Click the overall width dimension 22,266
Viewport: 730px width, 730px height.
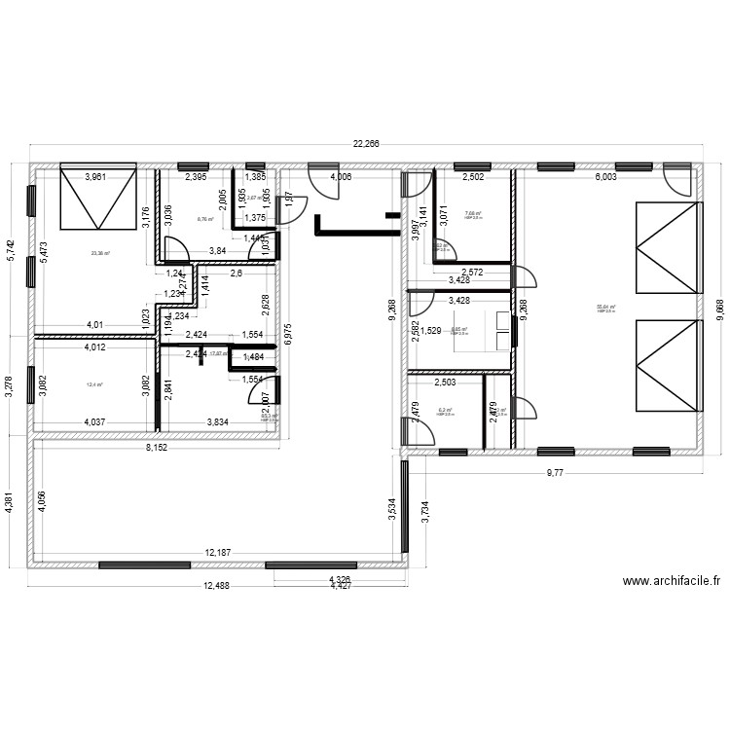[x=366, y=143]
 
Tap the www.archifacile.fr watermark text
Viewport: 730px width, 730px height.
[x=671, y=582]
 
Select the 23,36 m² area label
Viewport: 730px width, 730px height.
[x=100, y=253]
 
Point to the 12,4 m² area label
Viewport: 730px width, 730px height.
[x=94, y=384]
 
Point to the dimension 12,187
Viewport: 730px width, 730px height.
[x=220, y=553]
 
